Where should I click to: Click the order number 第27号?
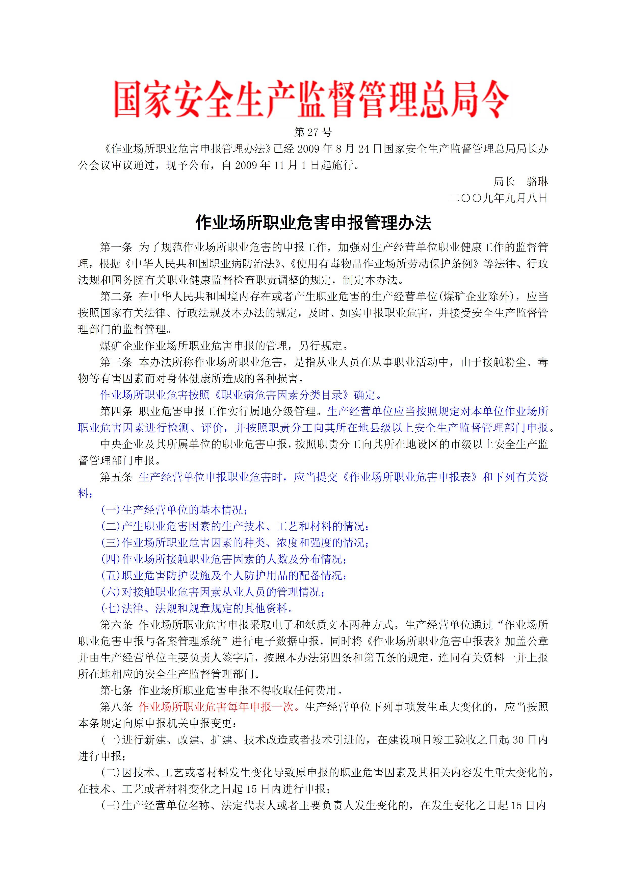pos(313,132)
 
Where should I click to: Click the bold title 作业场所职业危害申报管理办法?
pos(313,223)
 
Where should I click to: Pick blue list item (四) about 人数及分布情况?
pos(224,559)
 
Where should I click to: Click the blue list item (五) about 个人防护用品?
pos(224,575)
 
